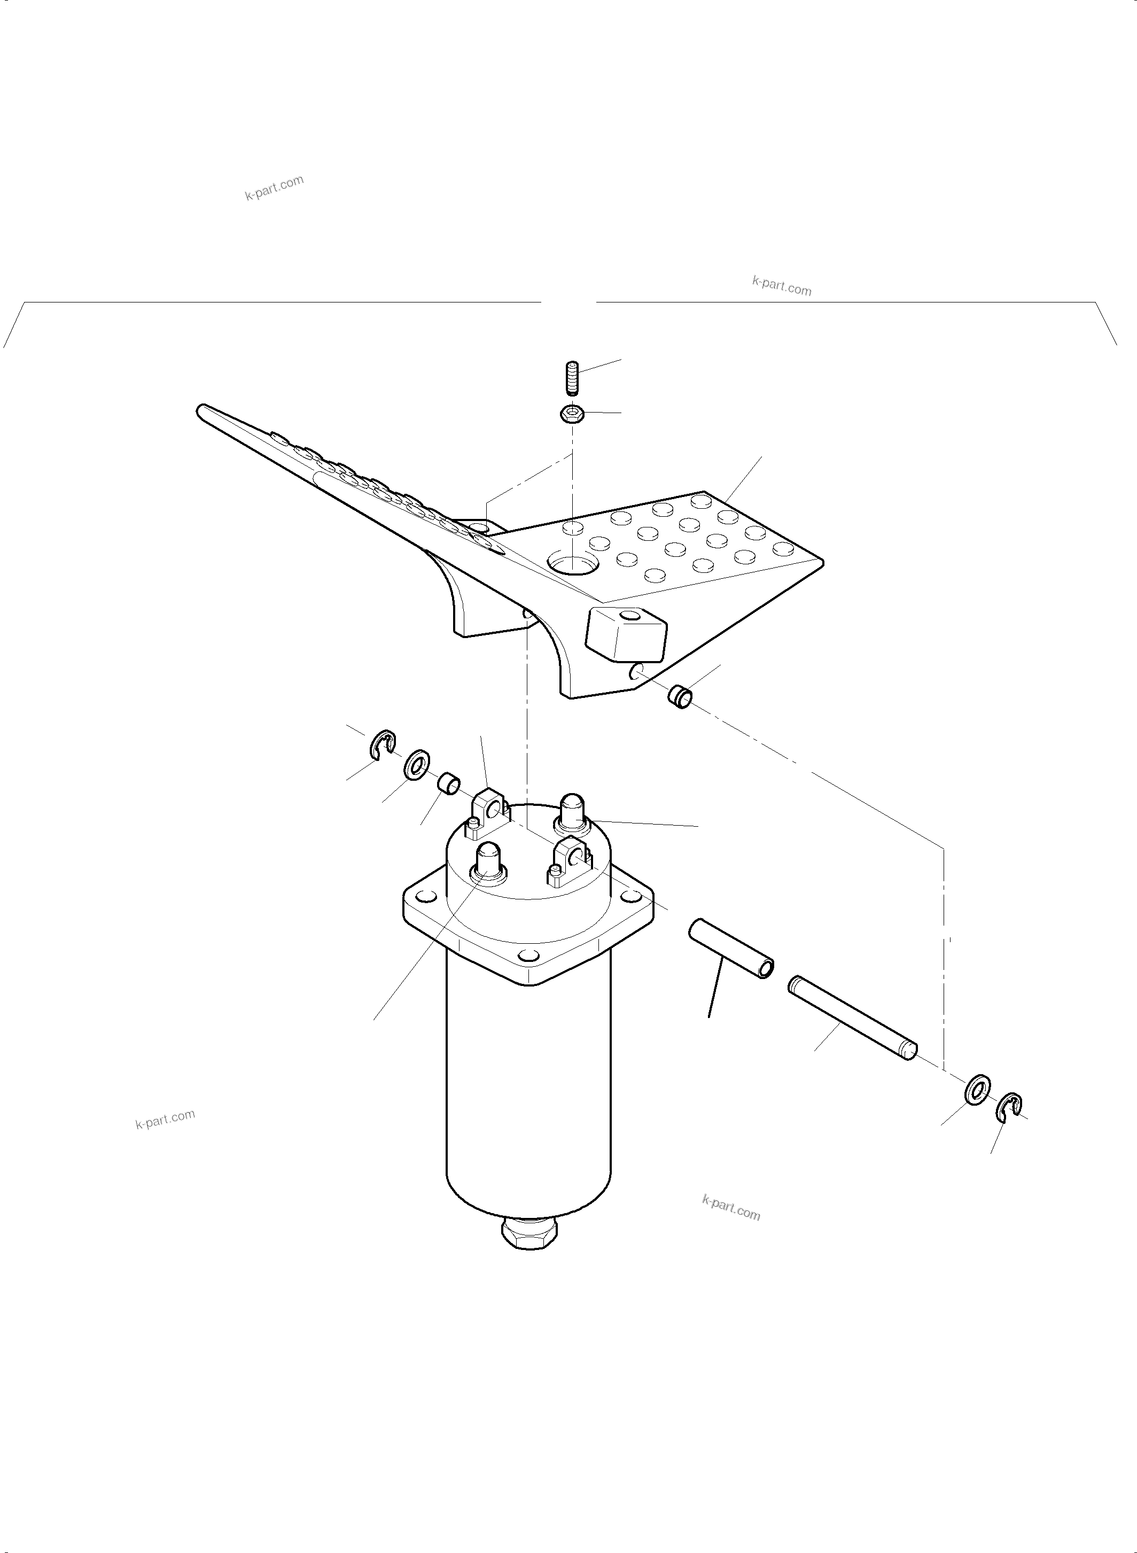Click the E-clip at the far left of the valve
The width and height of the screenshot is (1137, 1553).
tap(383, 747)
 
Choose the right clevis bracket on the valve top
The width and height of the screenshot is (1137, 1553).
tap(571, 860)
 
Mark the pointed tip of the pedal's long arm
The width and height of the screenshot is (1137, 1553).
tap(200, 409)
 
